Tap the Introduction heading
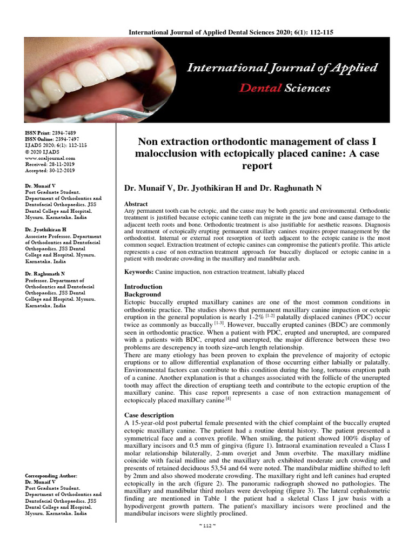(x=143, y=287)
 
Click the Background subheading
(x=142, y=294)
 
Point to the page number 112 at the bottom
(x=207, y=541)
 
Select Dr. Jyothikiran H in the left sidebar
(x=46, y=230)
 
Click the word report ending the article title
(x=257, y=166)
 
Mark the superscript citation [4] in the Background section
(x=228, y=398)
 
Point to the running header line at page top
(x=230, y=32)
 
